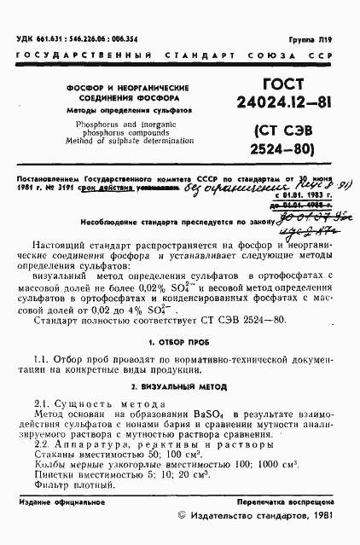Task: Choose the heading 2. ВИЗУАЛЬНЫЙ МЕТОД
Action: (180, 387)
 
